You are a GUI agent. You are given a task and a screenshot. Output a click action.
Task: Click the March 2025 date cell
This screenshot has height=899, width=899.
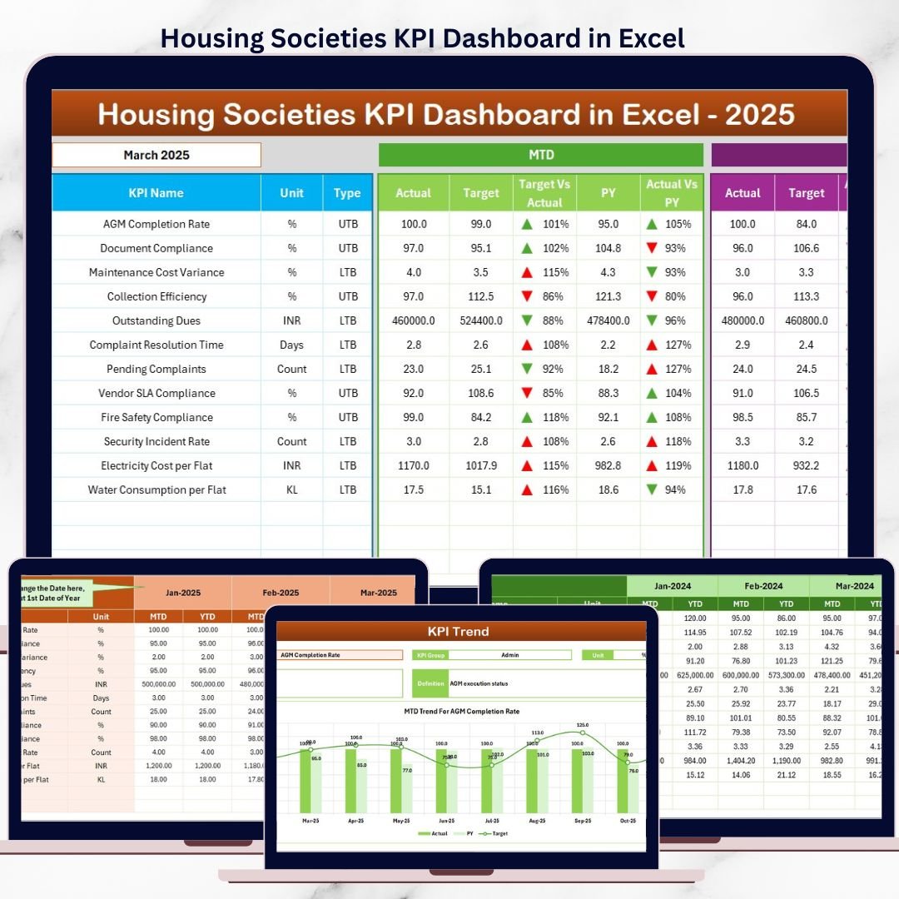(156, 155)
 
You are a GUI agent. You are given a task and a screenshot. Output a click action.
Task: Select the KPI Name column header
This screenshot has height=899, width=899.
(156, 193)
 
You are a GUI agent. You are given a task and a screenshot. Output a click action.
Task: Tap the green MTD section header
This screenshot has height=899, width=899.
(541, 155)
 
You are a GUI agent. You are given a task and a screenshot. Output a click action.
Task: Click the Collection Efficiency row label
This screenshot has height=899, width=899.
(156, 296)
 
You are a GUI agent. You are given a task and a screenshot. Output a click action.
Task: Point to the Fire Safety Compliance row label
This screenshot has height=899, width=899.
(156, 417)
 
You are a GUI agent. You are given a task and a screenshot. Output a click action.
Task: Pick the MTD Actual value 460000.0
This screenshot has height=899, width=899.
(414, 320)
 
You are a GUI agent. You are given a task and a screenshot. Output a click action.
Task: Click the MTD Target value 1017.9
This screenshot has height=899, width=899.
(481, 465)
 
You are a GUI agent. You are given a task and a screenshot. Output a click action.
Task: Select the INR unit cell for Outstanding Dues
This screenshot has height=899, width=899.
(292, 320)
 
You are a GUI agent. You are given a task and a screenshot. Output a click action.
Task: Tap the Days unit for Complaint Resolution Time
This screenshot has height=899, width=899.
(292, 345)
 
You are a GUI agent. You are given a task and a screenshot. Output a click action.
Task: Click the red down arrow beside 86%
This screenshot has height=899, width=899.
(526, 296)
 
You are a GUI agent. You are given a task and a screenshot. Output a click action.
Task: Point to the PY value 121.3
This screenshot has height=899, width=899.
(608, 296)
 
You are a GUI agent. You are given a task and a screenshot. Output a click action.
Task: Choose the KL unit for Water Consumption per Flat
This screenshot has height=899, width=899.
(292, 489)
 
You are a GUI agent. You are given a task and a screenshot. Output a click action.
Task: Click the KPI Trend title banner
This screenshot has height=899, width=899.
(459, 631)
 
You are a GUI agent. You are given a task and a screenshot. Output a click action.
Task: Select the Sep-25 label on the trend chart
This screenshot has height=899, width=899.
(582, 819)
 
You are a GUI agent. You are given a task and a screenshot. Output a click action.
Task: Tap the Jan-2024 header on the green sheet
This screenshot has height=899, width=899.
(672, 586)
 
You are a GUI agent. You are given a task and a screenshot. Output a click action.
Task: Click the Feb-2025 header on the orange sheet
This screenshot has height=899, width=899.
(281, 593)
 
